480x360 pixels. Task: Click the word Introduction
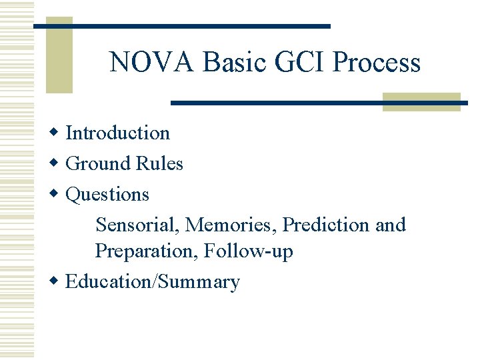pos(118,133)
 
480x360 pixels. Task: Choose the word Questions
pos(107,194)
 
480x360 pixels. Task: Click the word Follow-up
pos(249,251)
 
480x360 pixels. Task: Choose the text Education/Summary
pos(153,282)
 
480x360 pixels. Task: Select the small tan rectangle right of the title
pos(421,102)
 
